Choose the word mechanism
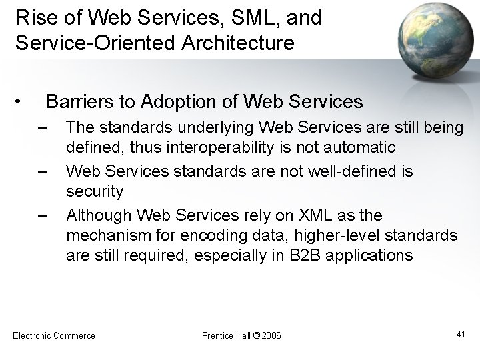tap(113, 235)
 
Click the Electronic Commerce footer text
tap(54, 335)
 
